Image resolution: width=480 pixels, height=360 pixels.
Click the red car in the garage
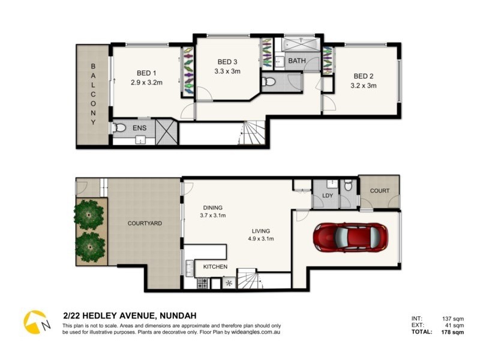(350, 238)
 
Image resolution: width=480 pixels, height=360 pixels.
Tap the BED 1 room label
(146, 73)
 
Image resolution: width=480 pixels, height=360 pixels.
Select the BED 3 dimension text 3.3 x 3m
(227, 71)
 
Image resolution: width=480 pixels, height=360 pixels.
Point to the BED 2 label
(364, 76)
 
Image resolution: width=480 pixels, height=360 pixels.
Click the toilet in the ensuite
(119, 128)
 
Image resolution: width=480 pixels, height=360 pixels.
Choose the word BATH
(297, 61)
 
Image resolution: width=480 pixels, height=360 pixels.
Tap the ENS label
(139, 128)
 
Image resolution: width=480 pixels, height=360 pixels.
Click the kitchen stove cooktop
(202, 283)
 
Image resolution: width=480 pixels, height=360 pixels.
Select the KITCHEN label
(215, 266)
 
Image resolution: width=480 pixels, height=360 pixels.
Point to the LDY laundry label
(327, 196)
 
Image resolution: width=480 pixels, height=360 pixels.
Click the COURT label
(380, 190)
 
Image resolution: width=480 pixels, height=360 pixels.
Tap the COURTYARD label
(145, 223)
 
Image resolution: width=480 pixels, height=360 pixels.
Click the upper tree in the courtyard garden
(89, 214)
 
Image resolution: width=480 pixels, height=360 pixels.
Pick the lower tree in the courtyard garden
(91, 247)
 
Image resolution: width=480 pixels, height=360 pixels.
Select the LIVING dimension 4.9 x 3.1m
(261, 239)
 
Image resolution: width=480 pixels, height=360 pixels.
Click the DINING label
(213, 208)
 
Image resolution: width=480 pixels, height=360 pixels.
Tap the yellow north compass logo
(35, 322)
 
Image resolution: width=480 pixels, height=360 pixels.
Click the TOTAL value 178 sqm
(452, 332)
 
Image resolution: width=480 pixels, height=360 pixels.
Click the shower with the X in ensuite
(166, 132)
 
